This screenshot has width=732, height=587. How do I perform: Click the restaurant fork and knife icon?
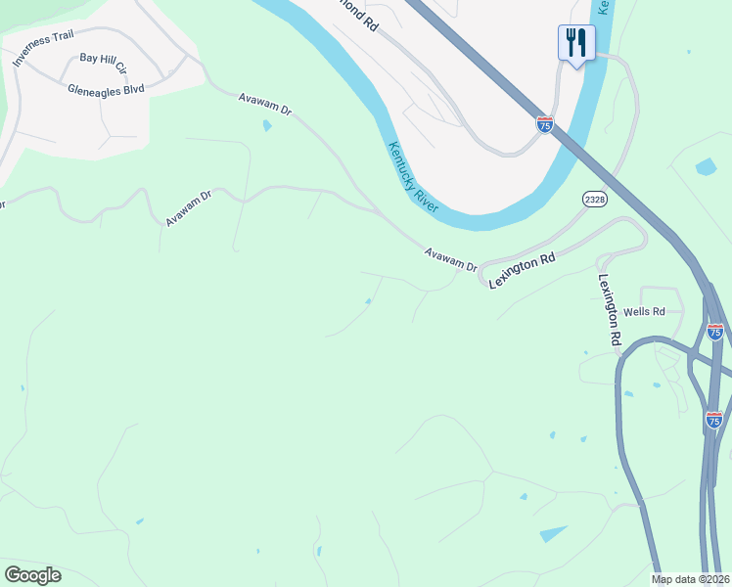(x=575, y=42)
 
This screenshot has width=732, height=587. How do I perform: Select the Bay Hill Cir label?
(x=104, y=64)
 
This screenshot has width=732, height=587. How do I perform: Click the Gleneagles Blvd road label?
(x=106, y=89)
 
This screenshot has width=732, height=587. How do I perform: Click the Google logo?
(x=32, y=575)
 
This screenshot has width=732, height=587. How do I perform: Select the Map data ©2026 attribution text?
(x=691, y=579)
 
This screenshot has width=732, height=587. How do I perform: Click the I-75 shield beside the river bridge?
(x=545, y=124)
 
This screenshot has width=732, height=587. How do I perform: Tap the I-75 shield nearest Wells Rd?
(x=715, y=332)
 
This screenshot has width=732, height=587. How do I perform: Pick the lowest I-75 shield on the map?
(x=714, y=420)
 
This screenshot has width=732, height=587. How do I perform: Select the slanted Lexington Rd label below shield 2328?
(x=522, y=269)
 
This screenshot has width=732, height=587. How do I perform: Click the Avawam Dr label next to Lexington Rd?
(x=450, y=259)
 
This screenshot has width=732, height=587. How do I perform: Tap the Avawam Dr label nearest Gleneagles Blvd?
(x=265, y=104)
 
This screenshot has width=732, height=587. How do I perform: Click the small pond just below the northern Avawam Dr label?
(x=267, y=126)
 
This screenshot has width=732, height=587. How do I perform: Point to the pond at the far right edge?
(x=706, y=166)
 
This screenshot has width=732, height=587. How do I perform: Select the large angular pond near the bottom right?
(x=553, y=533)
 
